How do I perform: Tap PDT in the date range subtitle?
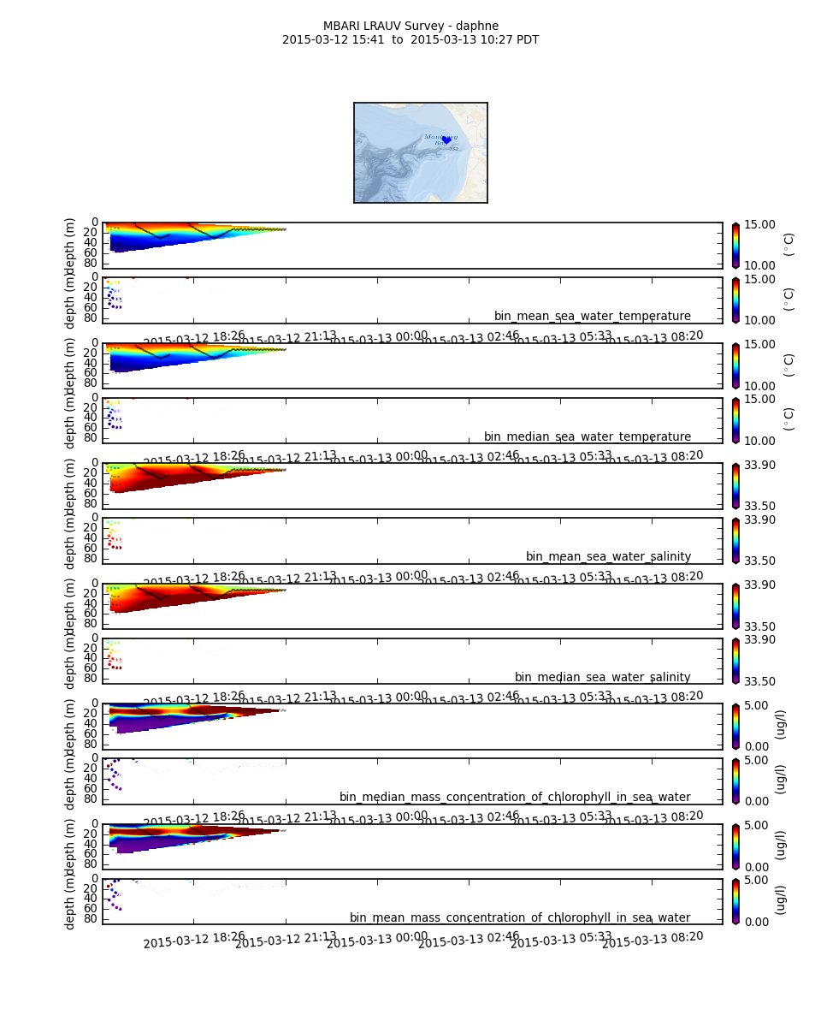click(x=526, y=39)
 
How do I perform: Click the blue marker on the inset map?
click(x=446, y=140)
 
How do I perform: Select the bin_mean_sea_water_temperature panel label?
click(x=592, y=317)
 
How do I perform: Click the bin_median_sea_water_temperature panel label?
click(x=587, y=437)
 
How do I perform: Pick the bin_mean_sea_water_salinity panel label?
click(x=608, y=557)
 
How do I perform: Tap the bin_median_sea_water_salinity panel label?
click(x=602, y=678)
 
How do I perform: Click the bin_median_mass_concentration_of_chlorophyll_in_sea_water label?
click(x=515, y=798)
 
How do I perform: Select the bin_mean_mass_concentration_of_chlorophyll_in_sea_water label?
click(x=520, y=918)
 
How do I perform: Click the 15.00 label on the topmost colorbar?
click(x=759, y=224)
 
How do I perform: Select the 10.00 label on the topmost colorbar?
click(x=759, y=266)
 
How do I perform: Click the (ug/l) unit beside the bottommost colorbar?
click(x=780, y=899)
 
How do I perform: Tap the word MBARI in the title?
click(x=341, y=26)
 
